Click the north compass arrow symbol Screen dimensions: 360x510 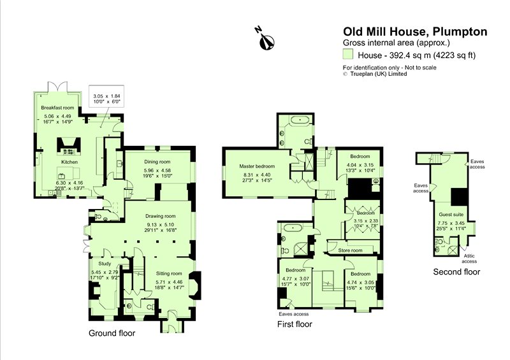coord(265,38)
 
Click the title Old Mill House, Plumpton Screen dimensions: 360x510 coord(415,31)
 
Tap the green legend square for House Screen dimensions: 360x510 coord(349,55)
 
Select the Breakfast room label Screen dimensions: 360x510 coord(58,108)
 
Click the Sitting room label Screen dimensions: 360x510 coord(170,273)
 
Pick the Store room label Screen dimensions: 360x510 coord(350,250)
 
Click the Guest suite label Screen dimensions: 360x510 coord(450,215)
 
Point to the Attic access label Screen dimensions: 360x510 coord(469,259)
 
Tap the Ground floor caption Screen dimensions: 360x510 coord(112,333)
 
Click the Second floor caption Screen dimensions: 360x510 coord(456,272)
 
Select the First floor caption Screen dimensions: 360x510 coord(295,324)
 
